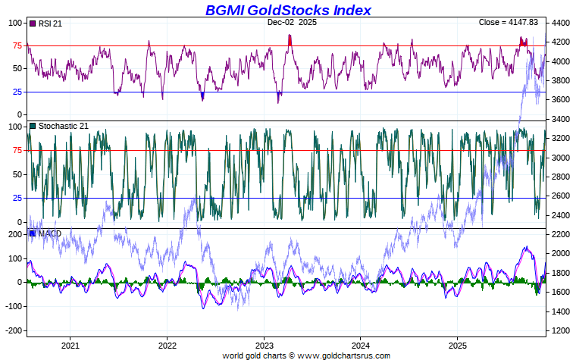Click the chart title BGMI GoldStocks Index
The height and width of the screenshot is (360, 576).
point(288,10)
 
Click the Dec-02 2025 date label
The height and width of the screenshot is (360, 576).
point(292,23)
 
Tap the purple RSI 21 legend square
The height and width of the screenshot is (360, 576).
point(33,23)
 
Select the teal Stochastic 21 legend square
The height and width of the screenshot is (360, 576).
point(33,126)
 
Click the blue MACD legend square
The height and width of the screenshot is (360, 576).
point(33,233)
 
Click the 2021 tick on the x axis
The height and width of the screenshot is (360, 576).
point(70,343)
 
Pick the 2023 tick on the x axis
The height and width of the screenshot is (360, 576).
point(264,343)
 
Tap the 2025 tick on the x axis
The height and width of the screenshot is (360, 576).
point(458,343)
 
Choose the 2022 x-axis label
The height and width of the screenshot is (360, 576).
point(167,343)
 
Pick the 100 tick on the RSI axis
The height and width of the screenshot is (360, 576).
point(15,23)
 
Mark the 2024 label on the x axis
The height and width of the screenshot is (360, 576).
point(361,343)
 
